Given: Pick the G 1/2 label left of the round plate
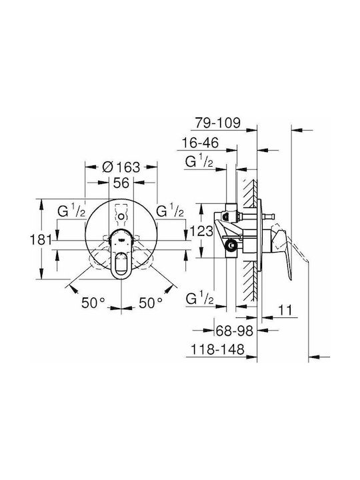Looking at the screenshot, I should (72, 211).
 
